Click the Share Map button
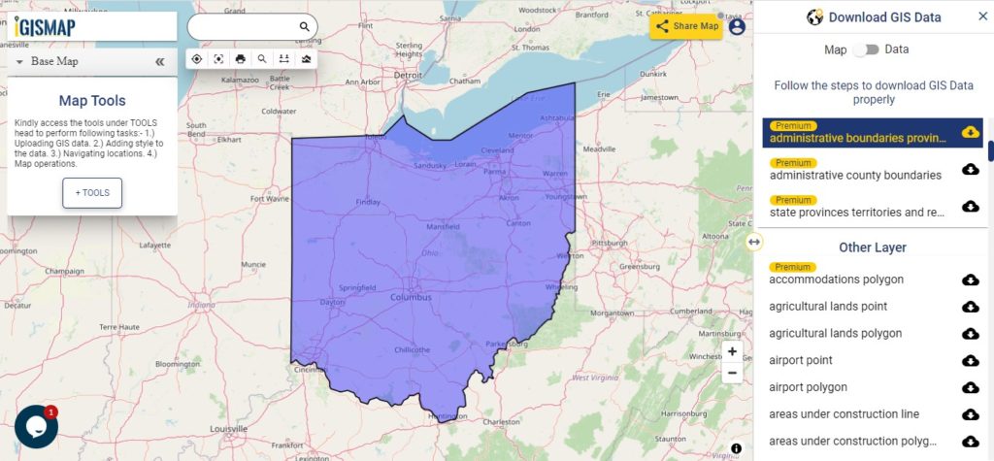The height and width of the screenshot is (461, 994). click(x=686, y=26)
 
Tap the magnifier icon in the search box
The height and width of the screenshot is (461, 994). click(x=304, y=27)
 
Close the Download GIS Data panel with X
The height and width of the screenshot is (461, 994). click(x=982, y=16)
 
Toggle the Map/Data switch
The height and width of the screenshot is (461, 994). click(x=866, y=49)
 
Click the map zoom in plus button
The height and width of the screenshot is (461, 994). click(x=732, y=351)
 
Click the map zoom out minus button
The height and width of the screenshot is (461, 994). click(x=732, y=373)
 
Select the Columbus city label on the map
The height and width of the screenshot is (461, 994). click(x=412, y=297)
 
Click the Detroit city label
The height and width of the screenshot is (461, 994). click(x=408, y=75)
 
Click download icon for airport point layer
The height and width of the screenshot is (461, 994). click(x=970, y=361)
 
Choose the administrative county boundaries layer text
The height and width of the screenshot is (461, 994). click(x=855, y=176)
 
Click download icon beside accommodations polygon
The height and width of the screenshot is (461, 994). click(x=970, y=280)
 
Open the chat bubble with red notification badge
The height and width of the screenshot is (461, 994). click(x=36, y=427)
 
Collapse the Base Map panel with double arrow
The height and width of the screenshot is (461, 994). click(x=160, y=61)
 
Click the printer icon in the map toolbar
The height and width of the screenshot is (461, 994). click(x=241, y=59)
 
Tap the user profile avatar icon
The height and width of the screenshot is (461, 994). click(x=737, y=26)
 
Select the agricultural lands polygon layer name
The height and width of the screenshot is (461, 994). click(x=835, y=334)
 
